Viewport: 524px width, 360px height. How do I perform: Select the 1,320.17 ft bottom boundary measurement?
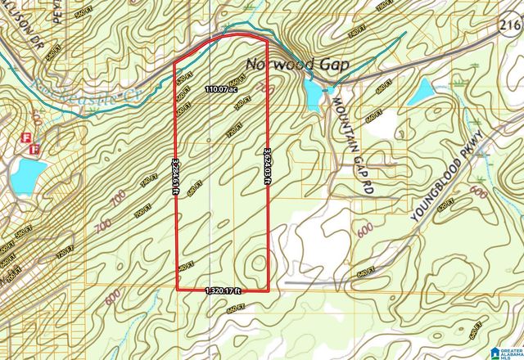[x=224, y=290]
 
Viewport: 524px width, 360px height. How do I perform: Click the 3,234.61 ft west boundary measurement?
[x=176, y=176]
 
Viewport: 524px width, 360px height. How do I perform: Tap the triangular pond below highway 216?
[x=422, y=92]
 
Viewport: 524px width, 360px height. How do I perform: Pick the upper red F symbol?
[x=25, y=137]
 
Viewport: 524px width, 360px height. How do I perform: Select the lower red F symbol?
[x=34, y=149]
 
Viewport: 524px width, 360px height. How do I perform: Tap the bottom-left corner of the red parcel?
[x=178, y=289]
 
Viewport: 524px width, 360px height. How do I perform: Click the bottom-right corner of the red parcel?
[x=270, y=290]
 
